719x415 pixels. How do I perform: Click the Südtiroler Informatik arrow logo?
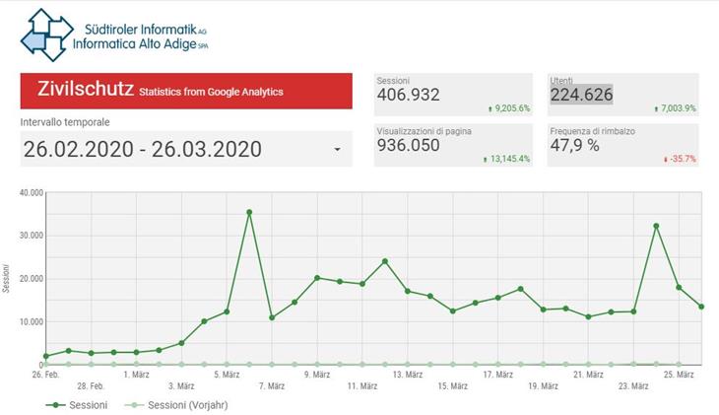click(x=46, y=35)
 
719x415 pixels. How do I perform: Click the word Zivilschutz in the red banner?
click(x=85, y=90)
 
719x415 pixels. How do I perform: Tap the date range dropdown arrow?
click(x=338, y=150)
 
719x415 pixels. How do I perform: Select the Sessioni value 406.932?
click(x=409, y=95)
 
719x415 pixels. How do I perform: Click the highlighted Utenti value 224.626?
click(x=581, y=95)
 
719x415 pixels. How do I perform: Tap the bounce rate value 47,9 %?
click(x=575, y=144)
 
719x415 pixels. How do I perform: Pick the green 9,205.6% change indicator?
click(x=509, y=108)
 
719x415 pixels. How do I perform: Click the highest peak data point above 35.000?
click(x=249, y=212)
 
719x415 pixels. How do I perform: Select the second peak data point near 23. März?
click(x=656, y=226)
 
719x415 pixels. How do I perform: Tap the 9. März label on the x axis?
click(x=318, y=375)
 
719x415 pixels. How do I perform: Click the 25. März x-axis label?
click(x=679, y=375)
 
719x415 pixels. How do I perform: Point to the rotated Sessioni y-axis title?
click(x=9, y=279)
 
